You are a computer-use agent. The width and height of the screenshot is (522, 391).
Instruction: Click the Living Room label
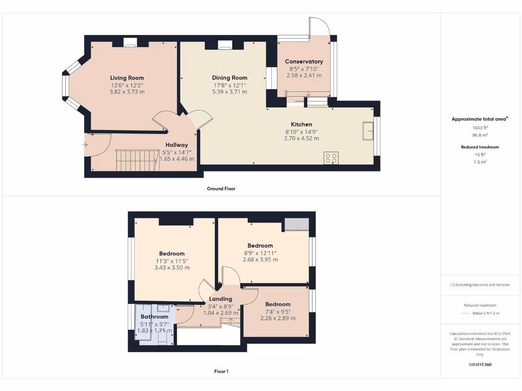(127, 78)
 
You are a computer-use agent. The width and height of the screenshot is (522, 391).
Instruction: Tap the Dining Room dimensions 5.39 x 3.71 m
(229, 92)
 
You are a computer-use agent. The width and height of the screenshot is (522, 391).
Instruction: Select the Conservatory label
(304, 62)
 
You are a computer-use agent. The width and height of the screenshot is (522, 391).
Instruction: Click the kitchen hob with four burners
(331, 158)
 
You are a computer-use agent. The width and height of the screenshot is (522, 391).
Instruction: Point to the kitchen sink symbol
(368, 130)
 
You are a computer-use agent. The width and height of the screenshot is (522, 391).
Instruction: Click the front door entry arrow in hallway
(85, 145)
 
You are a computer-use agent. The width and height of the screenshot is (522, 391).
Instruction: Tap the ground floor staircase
(135, 159)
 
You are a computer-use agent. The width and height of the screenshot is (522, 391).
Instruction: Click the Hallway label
(176, 145)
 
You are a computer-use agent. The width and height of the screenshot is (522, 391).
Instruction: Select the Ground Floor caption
(221, 188)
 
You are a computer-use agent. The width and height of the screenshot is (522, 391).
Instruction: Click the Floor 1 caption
(221, 371)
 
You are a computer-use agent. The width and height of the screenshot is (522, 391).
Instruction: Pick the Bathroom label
(154, 317)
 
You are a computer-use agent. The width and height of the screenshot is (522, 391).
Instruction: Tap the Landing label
(221, 299)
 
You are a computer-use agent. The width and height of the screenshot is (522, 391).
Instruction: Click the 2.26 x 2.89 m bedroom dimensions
(278, 318)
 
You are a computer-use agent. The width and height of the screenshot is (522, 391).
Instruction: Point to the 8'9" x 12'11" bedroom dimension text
(260, 253)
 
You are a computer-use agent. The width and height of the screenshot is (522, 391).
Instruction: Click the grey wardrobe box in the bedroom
(297, 224)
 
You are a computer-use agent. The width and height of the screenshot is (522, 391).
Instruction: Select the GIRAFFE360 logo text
(480, 365)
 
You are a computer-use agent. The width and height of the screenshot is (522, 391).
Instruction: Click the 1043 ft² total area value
(480, 127)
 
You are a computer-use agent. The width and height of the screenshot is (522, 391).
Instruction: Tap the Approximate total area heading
(480, 119)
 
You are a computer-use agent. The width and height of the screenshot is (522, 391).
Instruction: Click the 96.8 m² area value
(480, 135)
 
